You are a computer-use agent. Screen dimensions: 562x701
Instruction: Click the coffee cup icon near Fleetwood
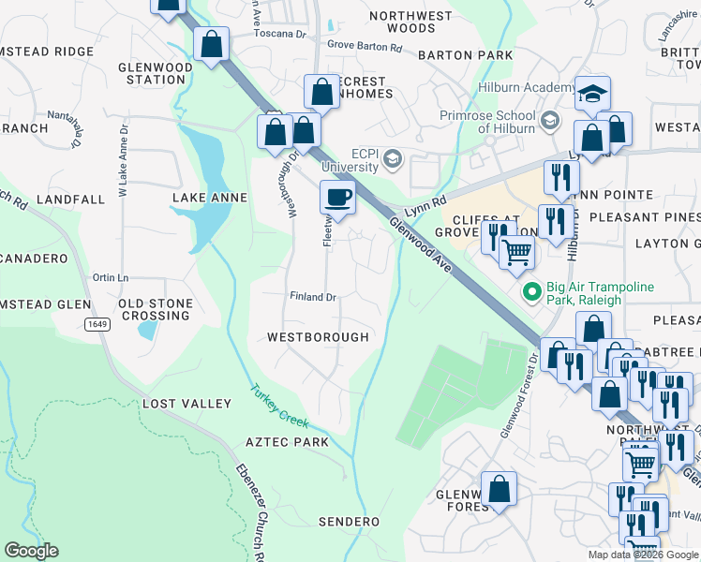tap(338, 198)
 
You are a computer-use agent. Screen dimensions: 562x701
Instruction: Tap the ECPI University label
tap(350, 160)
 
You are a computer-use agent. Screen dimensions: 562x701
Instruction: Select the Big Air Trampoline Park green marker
tap(532, 293)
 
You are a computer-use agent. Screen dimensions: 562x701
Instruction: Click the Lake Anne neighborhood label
tap(209, 198)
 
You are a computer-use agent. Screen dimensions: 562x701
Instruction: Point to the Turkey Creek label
tap(278, 406)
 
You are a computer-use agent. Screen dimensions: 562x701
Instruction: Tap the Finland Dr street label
tap(312, 297)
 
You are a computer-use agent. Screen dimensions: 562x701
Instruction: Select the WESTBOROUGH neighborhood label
tap(317, 336)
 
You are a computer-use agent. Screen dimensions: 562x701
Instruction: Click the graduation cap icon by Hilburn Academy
tap(592, 94)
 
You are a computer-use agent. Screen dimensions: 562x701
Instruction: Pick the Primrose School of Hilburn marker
tap(550, 119)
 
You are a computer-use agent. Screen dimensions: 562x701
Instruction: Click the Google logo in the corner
tap(31, 550)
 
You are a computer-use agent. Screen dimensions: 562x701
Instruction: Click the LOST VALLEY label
tap(186, 404)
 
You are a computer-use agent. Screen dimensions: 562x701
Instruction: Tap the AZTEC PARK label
tap(287, 442)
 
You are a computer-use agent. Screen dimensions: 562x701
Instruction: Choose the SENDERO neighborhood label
tap(349, 522)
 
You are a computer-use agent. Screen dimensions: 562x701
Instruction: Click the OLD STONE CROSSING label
tap(156, 310)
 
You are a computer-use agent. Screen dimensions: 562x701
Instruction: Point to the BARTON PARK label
tap(466, 55)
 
